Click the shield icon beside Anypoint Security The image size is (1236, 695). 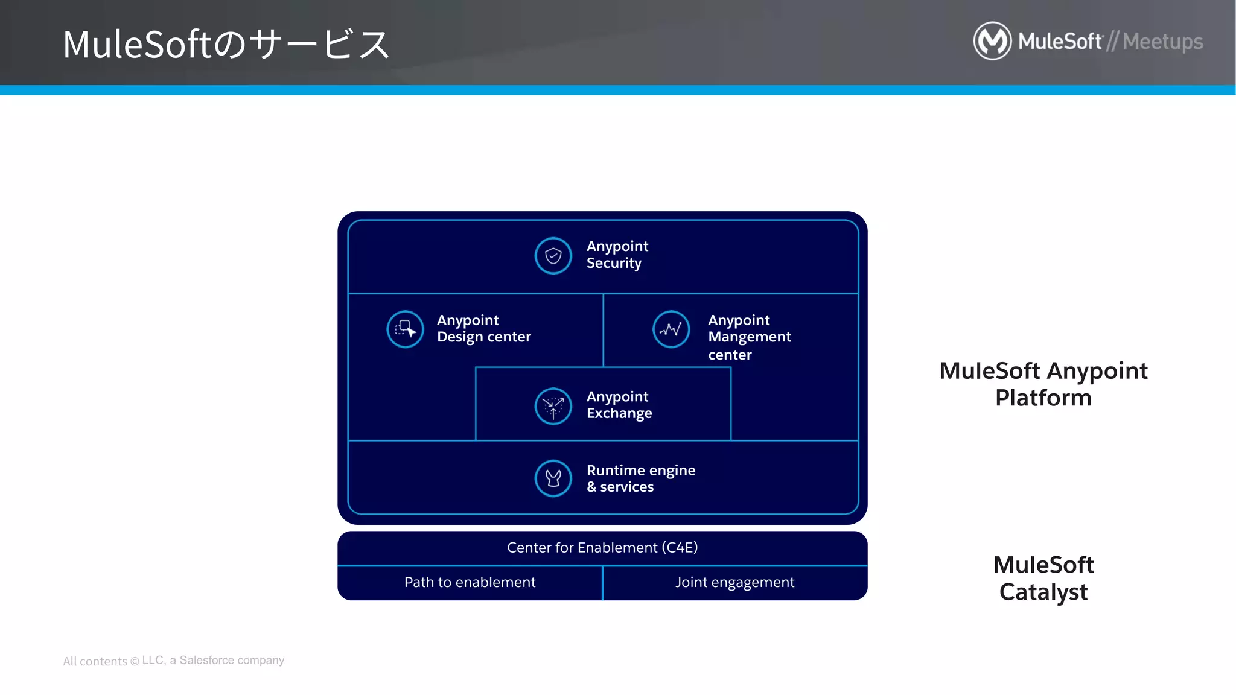[553, 256]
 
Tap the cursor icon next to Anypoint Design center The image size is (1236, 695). [405, 329]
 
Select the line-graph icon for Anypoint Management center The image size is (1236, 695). [671, 329]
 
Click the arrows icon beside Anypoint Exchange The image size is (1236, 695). [553, 405]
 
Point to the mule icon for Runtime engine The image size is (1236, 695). [553, 478]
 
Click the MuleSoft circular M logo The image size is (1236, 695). [992, 41]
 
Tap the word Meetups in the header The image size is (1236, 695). [1162, 42]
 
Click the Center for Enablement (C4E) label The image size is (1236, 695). [602, 547]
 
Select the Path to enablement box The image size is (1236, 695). [470, 582]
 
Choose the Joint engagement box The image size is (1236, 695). [734, 582]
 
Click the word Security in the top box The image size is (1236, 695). [614, 263]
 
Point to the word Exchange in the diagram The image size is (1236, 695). [619, 413]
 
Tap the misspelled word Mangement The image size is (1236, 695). [749, 337]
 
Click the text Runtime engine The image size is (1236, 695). [641, 470]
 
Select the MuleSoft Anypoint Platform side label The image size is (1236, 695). [1043, 384]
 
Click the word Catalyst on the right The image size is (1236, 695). [1043, 592]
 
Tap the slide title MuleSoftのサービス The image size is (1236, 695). [226, 44]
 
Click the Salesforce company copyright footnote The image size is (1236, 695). [174, 661]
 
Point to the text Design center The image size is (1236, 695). [483, 337]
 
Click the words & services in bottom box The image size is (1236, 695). [620, 487]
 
